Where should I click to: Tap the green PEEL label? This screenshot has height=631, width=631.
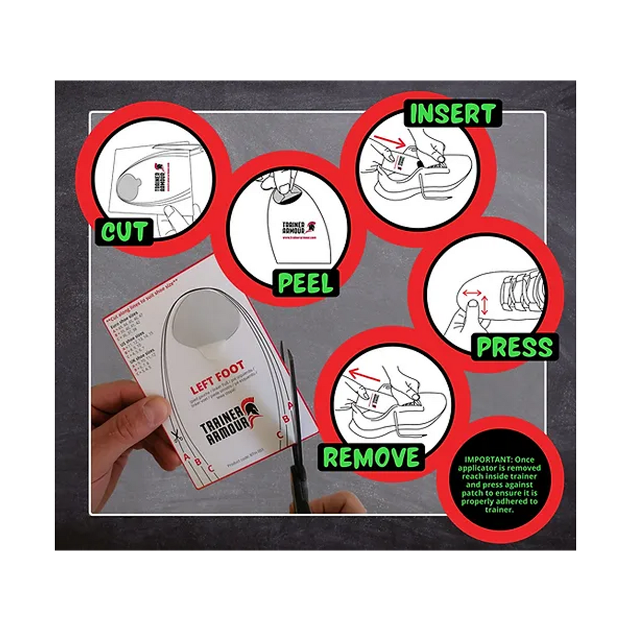click(305, 283)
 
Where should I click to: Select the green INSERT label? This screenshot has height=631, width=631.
click(452, 114)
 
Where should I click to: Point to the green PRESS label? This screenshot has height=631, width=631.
click(514, 347)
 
